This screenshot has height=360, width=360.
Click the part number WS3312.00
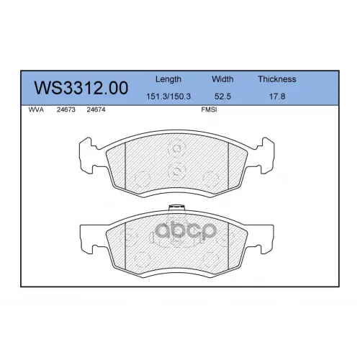click(x=81, y=88)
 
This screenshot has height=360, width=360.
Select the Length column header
click(x=168, y=79)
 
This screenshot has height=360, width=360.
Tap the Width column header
click(x=222, y=79)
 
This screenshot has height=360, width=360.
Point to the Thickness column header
click(x=277, y=79)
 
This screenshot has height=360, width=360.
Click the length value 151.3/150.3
click(x=168, y=96)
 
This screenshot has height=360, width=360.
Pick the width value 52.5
click(x=222, y=96)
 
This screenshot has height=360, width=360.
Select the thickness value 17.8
click(x=277, y=96)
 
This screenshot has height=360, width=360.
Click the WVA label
click(x=36, y=109)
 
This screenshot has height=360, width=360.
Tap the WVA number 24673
click(x=66, y=109)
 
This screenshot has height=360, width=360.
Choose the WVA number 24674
click(x=96, y=109)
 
